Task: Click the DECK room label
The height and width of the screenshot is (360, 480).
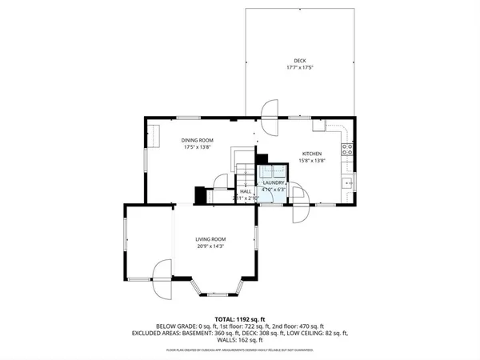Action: (300, 60)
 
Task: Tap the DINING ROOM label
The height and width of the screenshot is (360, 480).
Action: (197, 140)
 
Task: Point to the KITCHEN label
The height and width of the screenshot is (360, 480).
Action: (311, 153)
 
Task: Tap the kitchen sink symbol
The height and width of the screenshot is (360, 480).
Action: (349, 183)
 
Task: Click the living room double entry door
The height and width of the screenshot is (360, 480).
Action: (162, 279)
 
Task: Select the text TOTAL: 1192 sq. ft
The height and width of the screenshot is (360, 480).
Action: (239, 318)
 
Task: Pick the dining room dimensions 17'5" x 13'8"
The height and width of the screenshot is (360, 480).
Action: (197, 146)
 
